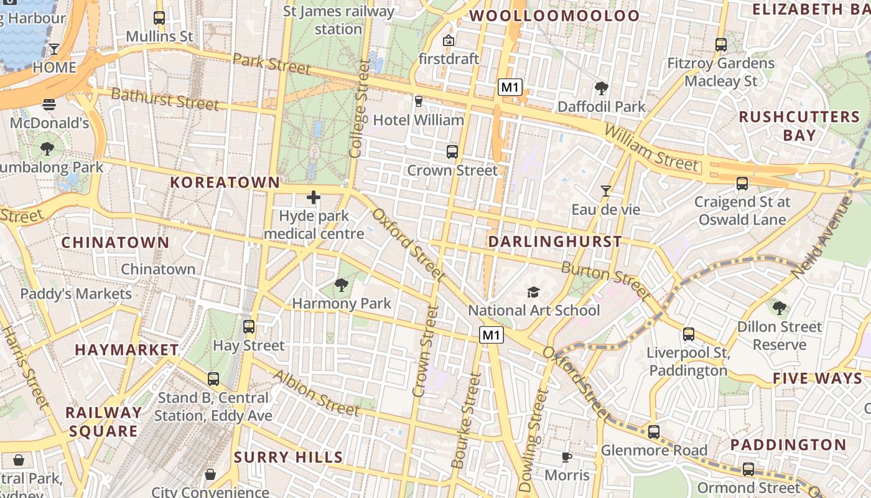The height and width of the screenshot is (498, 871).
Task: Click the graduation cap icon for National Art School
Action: pyautogui.click(x=533, y=292)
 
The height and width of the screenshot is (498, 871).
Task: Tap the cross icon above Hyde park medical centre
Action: pyautogui.click(x=314, y=198)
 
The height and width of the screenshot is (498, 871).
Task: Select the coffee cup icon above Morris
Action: pyautogui.click(x=566, y=458)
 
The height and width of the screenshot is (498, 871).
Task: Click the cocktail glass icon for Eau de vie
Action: pyautogui.click(x=605, y=191)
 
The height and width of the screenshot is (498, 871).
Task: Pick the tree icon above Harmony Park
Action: pyautogui.click(x=341, y=285)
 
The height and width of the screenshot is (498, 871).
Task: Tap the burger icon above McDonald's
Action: pyautogui.click(x=49, y=105)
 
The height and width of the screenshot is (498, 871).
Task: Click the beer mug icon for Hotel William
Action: pyautogui.click(x=418, y=101)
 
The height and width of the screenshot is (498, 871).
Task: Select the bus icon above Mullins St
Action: pyautogui.click(x=159, y=18)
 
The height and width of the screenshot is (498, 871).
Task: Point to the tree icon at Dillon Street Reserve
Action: pyautogui.click(x=779, y=308)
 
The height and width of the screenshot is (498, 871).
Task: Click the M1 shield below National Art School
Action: pyautogui.click(x=491, y=336)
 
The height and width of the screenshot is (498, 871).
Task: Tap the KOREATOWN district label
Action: pyautogui.click(x=225, y=182)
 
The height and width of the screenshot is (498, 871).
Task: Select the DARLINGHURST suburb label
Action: pyautogui.click(x=555, y=242)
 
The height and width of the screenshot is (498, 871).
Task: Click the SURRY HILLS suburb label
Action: pyautogui.click(x=288, y=458)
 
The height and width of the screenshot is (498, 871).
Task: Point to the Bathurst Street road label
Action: pyautogui.click(x=165, y=99)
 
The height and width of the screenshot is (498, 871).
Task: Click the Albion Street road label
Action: pyautogui.click(x=316, y=393)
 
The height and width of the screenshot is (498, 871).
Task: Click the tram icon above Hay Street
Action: pyautogui.click(x=249, y=327)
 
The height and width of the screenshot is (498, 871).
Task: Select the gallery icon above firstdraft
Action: pyautogui.click(x=448, y=41)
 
